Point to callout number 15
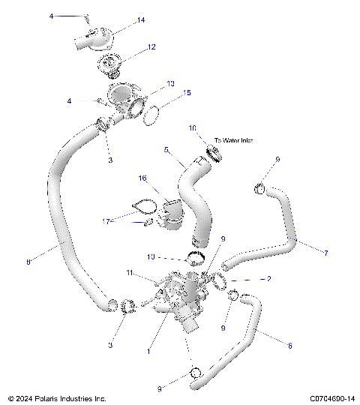[187, 93]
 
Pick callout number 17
[107, 220]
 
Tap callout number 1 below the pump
[148, 350]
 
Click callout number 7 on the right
[325, 253]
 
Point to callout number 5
[166, 149]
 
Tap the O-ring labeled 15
[151, 115]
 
